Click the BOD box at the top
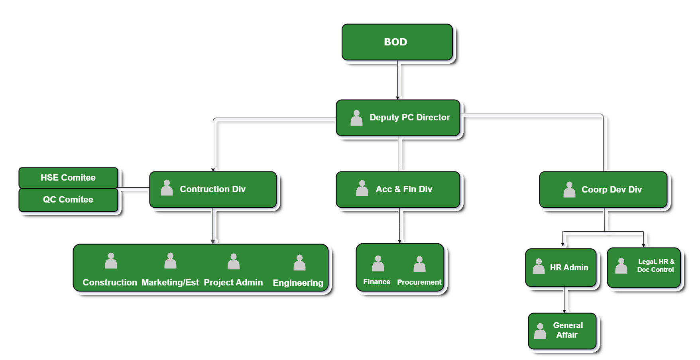[x=397, y=42]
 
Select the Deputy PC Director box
[x=398, y=118]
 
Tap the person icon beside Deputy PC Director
[x=356, y=118]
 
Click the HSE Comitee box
[x=68, y=178]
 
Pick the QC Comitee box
[x=68, y=200]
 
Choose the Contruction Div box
[x=213, y=189]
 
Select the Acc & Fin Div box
[x=398, y=189]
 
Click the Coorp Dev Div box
[x=603, y=190]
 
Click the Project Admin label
[x=233, y=283]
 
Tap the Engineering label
[x=298, y=283]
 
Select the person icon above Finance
[x=378, y=264]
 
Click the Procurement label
[x=419, y=282]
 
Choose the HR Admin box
[x=560, y=268]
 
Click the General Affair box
[x=562, y=331]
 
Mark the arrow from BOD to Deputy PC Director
[x=397, y=80]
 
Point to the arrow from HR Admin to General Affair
[x=564, y=300]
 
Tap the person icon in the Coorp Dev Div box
[x=569, y=190]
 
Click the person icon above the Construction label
[x=111, y=261]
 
